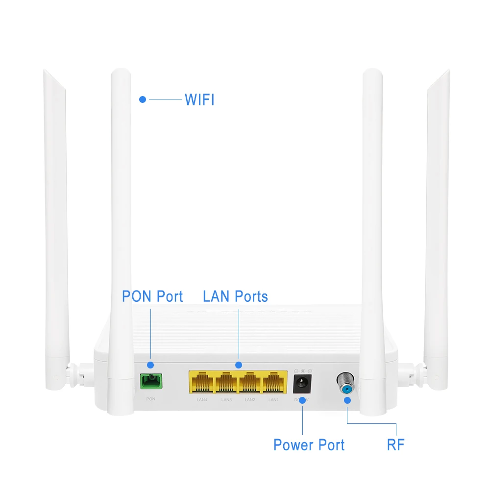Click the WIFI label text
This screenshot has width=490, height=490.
(199, 99)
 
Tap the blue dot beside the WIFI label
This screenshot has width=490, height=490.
(143, 99)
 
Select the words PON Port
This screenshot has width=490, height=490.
(152, 296)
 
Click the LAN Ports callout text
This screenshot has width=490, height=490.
(235, 296)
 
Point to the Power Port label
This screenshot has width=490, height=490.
(309, 445)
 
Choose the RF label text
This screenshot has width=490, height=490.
(395, 445)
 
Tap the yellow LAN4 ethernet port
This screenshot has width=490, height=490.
(202, 382)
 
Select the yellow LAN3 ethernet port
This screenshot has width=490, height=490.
(226, 382)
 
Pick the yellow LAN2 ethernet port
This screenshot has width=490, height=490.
(250, 382)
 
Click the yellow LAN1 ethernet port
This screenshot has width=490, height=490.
(274, 382)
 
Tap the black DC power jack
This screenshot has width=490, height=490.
(303, 383)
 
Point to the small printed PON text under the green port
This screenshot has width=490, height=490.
(150, 399)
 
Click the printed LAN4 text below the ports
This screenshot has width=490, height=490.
(202, 400)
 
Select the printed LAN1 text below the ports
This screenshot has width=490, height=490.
(273, 400)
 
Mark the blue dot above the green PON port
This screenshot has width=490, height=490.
(150, 365)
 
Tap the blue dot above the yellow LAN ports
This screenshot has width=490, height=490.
(239, 365)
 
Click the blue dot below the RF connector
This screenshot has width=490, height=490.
(347, 400)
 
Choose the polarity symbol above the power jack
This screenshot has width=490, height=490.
(303, 371)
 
